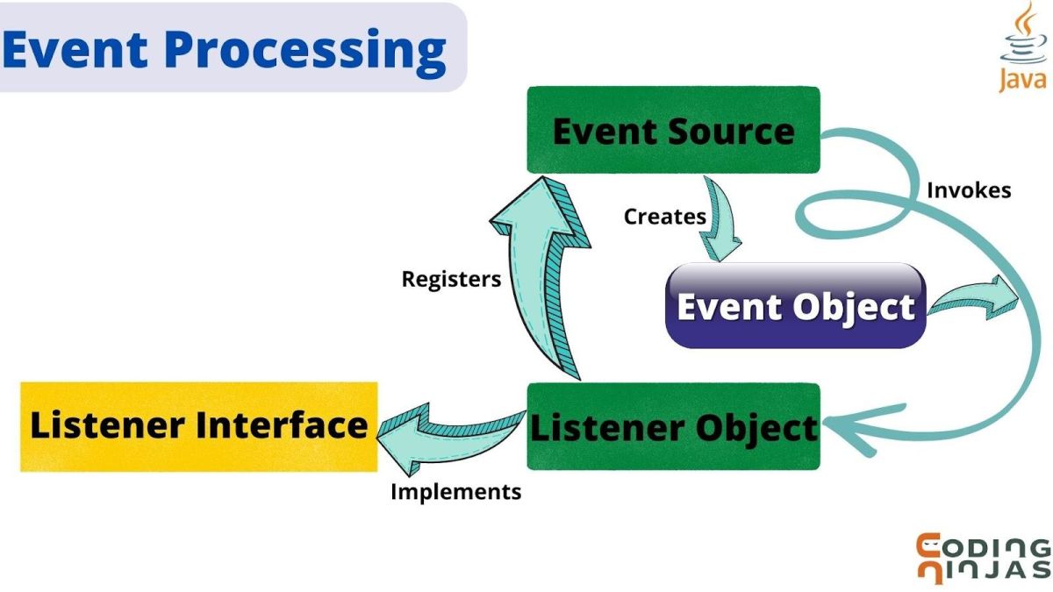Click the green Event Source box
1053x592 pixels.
point(674,130)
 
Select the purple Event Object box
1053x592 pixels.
point(796,306)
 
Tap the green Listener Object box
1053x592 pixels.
point(674,426)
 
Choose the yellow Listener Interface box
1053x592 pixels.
point(199,426)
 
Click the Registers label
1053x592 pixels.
point(451,279)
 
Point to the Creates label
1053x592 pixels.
point(665,217)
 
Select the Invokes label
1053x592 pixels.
point(969,190)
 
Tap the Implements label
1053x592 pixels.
point(456,492)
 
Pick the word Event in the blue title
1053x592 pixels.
point(75,48)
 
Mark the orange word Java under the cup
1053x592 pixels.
point(1023,80)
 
